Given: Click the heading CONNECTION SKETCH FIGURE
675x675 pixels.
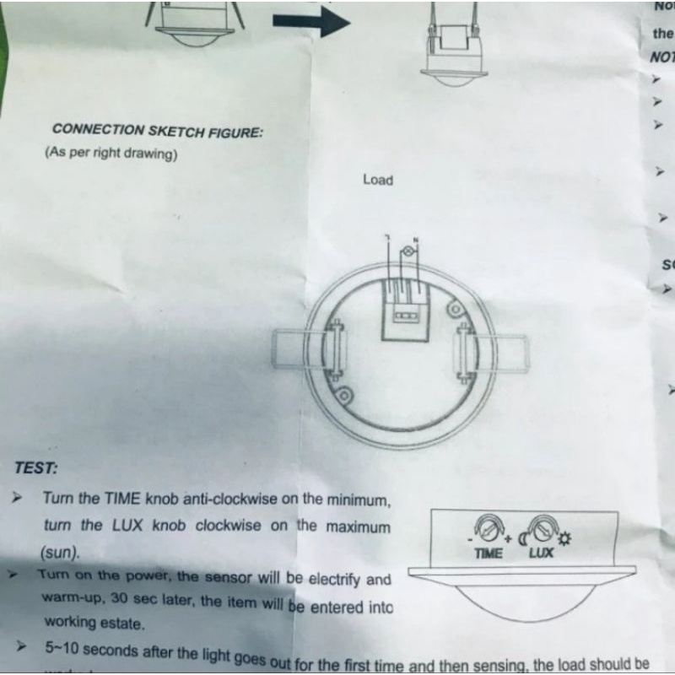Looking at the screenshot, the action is point(157,131).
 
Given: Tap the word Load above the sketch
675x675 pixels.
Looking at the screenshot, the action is point(378,180).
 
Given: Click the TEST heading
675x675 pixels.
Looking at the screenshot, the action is point(36,467).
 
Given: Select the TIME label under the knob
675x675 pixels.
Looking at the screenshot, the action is point(489,553).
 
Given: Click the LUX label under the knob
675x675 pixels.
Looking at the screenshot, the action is point(541,553).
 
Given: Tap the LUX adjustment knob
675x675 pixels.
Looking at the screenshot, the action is point(541,530).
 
